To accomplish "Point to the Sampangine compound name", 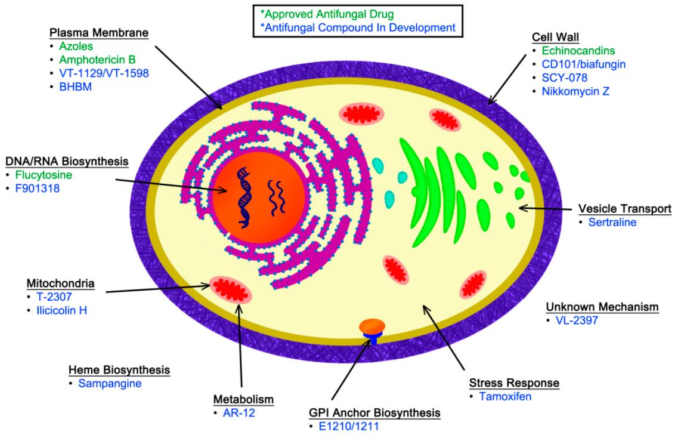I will tap(110, 383).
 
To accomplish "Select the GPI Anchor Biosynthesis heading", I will tap(375, 412).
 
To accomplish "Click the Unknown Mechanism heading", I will tap(602, 307).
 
